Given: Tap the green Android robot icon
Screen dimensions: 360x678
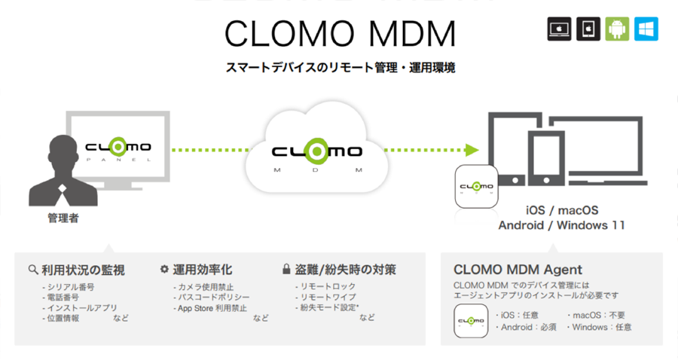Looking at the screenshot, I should (x=616, y=29).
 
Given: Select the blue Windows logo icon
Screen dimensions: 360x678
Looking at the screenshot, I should (x=646, y=29).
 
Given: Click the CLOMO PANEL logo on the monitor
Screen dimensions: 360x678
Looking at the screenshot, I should (x=118, y=148).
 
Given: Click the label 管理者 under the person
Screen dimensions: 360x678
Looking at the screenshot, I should (x=63, y=219).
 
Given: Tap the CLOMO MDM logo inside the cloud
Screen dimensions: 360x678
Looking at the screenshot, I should (x=317, y=152).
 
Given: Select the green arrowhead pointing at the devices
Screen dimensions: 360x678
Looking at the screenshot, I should (x=473, y=148).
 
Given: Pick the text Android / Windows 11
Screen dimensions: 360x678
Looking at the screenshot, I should (x=561, y=224).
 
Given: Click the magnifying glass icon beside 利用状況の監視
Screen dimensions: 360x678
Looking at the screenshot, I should (x=33, y=270).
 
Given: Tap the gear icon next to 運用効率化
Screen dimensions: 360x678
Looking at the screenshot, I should (x=165, y=269).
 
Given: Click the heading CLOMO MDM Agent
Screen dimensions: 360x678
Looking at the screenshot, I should (x=518, y=269).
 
